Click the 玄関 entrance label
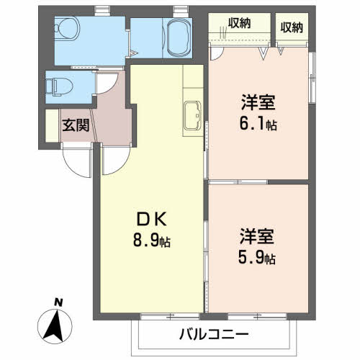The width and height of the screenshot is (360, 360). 76,125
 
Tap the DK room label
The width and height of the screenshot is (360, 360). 151,220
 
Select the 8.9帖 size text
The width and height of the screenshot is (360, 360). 152,240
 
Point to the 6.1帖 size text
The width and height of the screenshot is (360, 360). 258,124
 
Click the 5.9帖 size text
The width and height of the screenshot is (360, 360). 257,257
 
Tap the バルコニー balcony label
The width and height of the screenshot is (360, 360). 214,334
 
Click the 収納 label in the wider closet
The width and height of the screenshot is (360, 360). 239,23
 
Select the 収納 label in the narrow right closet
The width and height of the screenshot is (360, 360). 292,27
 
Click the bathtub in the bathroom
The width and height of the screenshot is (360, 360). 179,37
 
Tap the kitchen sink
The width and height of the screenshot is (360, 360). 192,115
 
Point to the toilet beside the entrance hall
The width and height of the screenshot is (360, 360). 59,87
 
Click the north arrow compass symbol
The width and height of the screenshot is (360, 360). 55,326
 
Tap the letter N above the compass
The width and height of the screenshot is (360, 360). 58,302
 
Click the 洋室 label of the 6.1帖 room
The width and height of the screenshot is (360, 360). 258,103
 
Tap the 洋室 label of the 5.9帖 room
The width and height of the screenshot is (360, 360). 257,236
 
